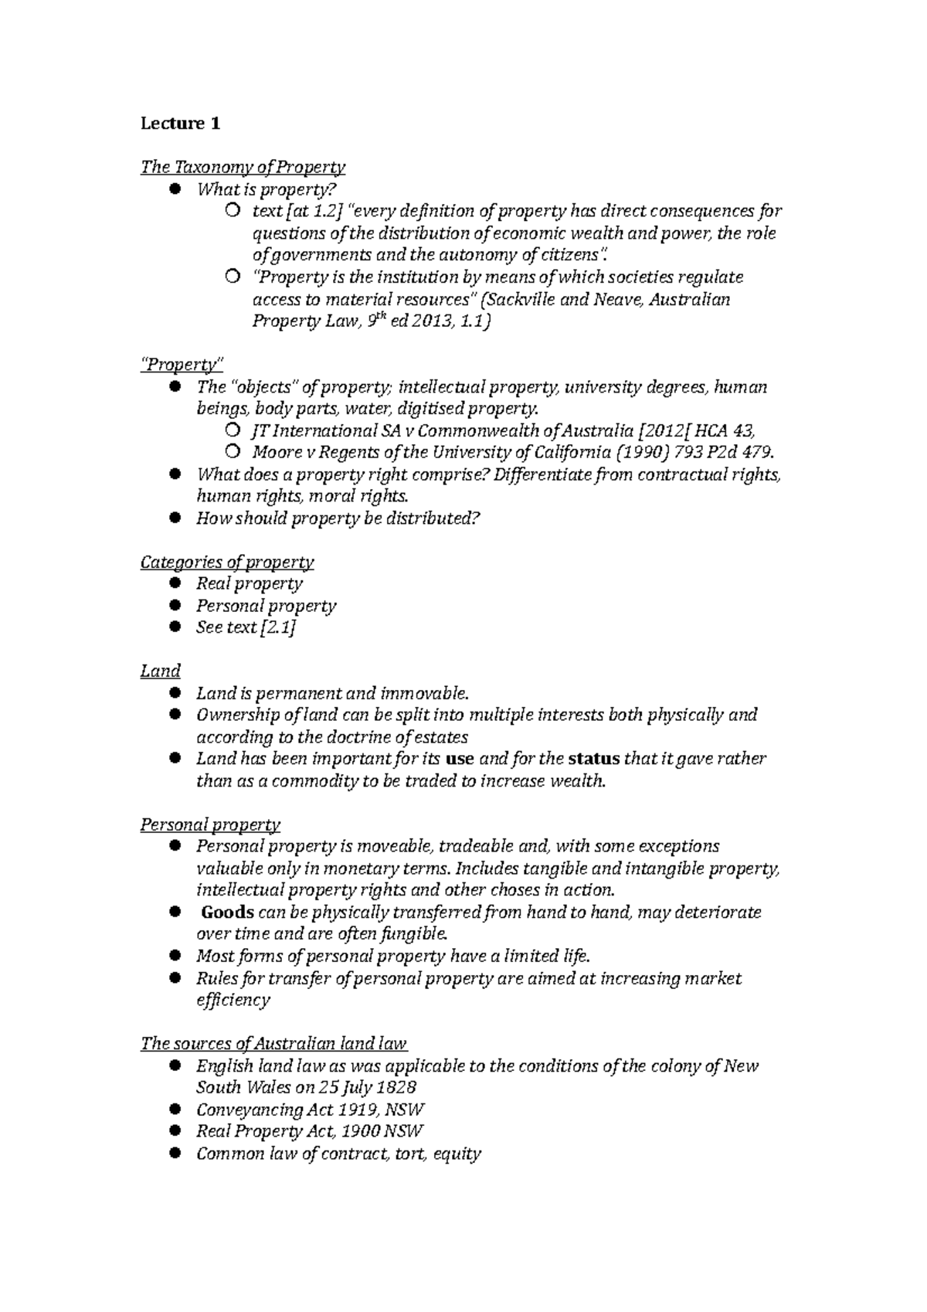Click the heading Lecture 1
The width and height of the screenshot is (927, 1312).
click(x=180, y=124)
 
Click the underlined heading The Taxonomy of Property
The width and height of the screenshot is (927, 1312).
click(x=243, y=167)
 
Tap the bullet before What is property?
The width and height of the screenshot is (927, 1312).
click(x=175, y=189)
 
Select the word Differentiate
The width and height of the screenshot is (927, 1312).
click(x=542, y=474)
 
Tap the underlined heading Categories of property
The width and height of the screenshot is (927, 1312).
click(x=227, y=563)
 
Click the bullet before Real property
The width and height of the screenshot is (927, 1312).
click(x=175, y=583)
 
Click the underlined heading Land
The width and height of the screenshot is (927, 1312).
click(x=160, y=671)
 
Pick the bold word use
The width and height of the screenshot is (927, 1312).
click(x=460, y=760)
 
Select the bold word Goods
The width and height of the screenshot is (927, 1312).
click(x=227, y=913)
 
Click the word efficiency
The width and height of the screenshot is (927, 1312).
click(x=233, y=1001)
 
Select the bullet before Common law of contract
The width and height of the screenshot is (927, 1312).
click(x=175, y=1154)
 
